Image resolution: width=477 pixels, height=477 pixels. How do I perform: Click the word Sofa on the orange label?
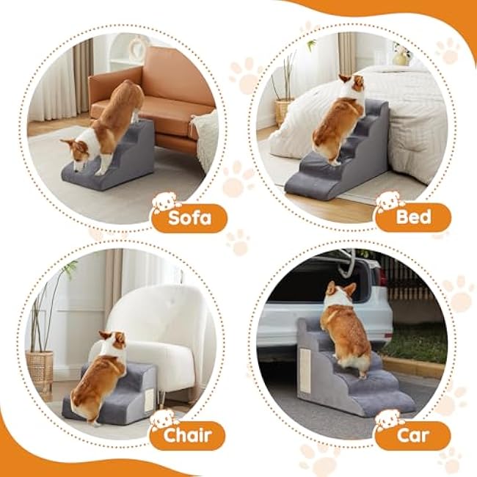(190, 218)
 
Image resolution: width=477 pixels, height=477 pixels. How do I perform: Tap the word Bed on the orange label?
(413, 217)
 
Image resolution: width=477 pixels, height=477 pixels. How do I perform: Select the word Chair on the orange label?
(187, 435)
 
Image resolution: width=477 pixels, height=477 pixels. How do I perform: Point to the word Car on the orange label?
(412, 435)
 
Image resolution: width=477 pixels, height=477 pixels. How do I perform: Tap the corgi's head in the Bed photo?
(353, 84)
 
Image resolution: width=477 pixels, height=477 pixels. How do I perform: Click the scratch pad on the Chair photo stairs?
(150, 401)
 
